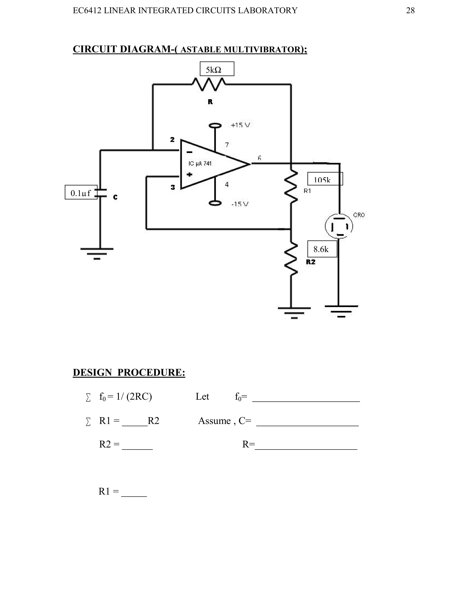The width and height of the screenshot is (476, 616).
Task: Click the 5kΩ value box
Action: point(217,69)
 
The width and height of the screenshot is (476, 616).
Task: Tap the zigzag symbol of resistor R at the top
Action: point(209,84)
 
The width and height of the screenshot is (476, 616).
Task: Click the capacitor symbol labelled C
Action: point(100,193)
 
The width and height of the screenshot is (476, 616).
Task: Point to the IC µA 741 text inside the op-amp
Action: point(200,164)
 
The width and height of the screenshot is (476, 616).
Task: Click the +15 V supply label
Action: point(240,125)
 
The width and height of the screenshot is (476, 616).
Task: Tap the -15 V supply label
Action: point(240,204)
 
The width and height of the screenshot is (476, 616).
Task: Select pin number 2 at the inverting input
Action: point(172,139)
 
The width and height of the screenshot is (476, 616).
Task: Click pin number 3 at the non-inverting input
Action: point(173,187)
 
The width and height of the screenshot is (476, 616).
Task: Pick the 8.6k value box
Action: point(322,249)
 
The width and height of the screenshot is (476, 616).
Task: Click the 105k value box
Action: point(325,179)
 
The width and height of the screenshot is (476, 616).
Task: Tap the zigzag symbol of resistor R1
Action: point(291,186)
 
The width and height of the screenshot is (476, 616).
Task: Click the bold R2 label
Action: point(311,262)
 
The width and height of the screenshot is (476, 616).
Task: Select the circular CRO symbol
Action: point(339,226)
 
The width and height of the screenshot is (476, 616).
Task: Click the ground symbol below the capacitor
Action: point(97,253)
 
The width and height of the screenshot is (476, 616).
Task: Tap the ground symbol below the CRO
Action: point(341,311)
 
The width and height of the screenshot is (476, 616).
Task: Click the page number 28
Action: point(410,10)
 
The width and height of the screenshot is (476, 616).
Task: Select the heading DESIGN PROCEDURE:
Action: point(129,372)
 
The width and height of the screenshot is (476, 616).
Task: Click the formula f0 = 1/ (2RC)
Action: point(126,397)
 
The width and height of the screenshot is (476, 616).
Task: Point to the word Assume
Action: point(214,421)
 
